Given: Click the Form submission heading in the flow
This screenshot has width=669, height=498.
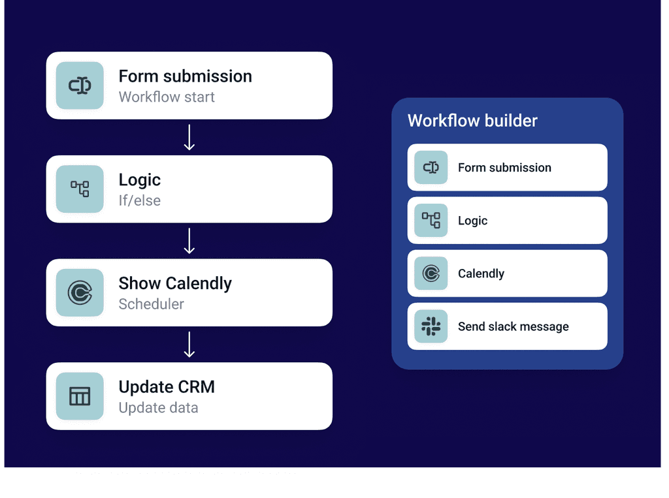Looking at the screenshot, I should [185, 76].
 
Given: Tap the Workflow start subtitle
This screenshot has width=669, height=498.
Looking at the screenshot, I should [167, 97].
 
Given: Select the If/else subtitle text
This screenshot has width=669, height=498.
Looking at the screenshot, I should [139, 200].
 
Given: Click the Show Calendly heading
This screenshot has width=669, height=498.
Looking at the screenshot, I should [175, 283].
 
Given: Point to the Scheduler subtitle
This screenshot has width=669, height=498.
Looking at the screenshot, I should [151, 304].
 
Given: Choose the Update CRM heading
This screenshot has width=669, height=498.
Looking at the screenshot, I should [167, 387].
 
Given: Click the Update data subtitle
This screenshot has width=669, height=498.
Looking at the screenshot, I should [158, 408].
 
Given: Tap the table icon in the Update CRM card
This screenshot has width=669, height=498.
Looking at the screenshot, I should [80, 396].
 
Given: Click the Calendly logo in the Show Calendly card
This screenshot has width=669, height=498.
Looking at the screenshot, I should [80, 292].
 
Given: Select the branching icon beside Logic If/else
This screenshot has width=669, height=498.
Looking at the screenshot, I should [80, 189].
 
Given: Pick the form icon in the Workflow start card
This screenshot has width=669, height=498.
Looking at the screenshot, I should [80, 86].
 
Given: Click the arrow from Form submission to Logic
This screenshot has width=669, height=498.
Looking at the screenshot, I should [189, 137].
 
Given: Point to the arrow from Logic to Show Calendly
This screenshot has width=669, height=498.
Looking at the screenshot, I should [189, 241].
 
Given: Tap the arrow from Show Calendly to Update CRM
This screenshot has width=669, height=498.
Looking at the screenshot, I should [189, 344].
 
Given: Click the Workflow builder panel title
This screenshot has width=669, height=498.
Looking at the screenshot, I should [472, 121].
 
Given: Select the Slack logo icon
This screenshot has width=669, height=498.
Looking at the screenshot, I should [431, 326].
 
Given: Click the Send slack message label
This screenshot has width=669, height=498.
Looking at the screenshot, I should [513, 326].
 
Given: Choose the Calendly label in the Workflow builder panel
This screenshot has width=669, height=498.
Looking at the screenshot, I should [481, 273].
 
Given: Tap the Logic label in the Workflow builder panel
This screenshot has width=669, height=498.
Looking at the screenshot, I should [472, 221].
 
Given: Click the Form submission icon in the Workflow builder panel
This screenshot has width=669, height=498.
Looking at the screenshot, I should [431, 168].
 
